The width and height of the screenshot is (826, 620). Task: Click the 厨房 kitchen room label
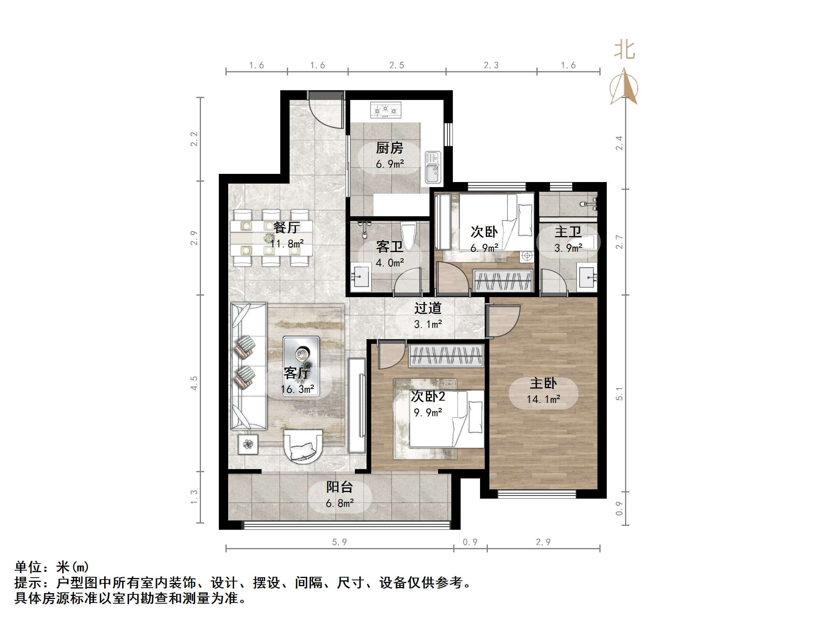[x=389, y=148]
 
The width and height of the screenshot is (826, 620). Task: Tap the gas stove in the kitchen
[x=385, y=110]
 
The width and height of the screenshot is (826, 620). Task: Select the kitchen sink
[x=432, y=167]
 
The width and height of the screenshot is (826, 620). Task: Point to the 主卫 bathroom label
[x=568, y=232]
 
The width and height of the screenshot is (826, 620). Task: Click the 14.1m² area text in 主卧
[x=543, y=399]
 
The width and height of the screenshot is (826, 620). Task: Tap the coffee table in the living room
[x=301, y=366]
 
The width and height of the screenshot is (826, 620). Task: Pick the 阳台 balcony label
[x=339, y=487]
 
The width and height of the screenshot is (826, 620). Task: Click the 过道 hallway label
[x=428, y=308]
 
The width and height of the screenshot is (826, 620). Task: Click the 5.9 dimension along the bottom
[x=339, y=542]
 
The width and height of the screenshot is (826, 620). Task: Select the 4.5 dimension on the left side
[x=194, y=383]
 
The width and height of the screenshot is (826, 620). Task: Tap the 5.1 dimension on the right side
[x=619, y=394]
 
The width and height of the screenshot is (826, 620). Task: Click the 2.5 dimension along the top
[x=396, y=65]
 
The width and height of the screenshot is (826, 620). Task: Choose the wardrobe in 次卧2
[x=446, y=356]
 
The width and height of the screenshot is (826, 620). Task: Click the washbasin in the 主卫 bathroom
[x=587, y=277]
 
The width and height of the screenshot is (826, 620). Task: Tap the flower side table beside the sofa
[x=248, y=444]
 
